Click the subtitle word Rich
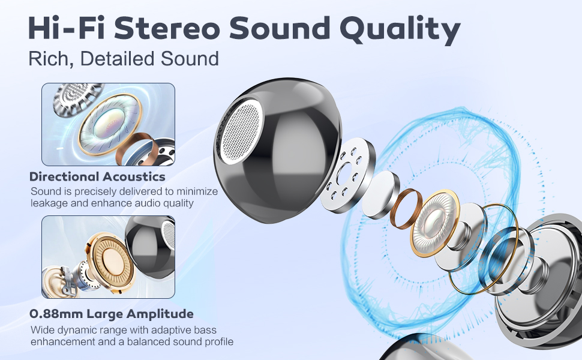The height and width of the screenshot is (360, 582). (49, 59)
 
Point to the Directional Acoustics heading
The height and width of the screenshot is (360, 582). (97, 177)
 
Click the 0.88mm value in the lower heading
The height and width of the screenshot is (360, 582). (56, 314)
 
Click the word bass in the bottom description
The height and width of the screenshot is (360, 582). (205, 331)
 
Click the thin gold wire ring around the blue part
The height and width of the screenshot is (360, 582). (484, 247)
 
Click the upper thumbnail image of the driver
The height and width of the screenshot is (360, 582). (108, 124)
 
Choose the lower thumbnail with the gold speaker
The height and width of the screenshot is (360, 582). (108, 257)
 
